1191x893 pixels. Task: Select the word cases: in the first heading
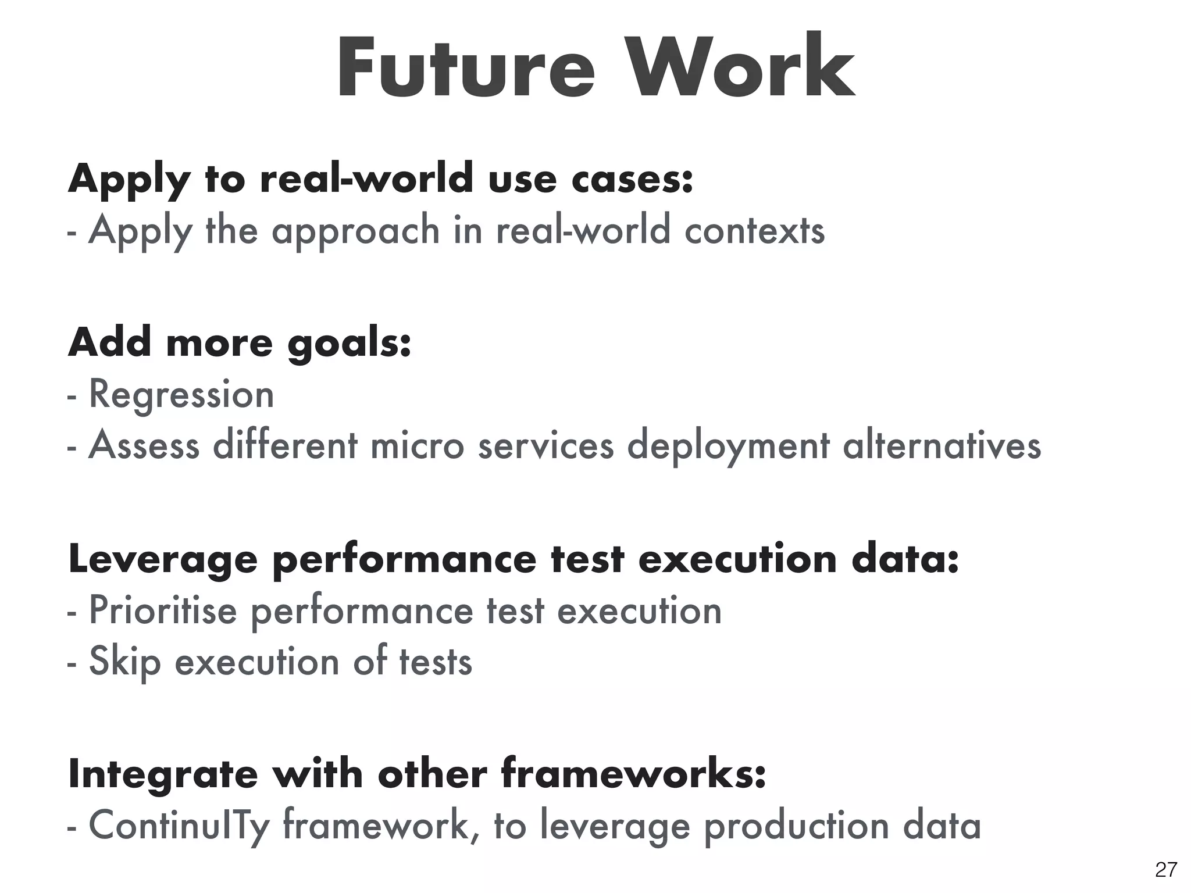pos(632,179)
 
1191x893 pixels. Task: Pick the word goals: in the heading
pos(350,343)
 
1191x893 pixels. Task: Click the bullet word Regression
pos(181,395)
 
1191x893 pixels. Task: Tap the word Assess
pos(144,446)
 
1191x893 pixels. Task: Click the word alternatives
pos(942,446)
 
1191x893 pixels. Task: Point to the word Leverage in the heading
pos(163,560)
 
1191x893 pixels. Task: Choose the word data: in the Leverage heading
pos(905,559)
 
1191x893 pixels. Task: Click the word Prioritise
pos(163,611)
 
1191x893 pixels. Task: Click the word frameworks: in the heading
pos(633,774)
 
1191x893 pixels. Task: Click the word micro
pos(417,446)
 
